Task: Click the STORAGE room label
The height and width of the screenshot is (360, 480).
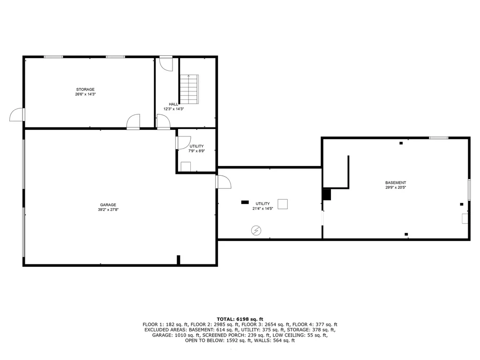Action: click(86, 89)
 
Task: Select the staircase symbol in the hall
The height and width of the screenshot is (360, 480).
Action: click(189, 89)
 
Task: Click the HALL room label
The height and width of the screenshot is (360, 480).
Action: click(173, 104)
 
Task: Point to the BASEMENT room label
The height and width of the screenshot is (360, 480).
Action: click(396, 182)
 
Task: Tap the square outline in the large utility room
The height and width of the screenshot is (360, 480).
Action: click(283, 204)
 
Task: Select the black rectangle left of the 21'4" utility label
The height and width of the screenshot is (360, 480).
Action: click(245, 202)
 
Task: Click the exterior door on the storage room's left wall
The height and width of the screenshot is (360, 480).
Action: click(16, 114)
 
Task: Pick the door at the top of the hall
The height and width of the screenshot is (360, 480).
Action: click(166, 63)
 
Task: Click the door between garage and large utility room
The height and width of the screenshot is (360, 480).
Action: click(223, 181)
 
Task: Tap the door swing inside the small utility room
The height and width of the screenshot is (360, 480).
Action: click(183, 142)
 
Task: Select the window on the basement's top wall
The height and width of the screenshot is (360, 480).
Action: click(438, 137)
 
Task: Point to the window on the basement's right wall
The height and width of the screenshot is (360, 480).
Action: click(468, 189)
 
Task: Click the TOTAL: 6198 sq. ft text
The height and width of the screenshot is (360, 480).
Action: click(240, 319)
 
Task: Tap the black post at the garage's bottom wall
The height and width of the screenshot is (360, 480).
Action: click(178, 260)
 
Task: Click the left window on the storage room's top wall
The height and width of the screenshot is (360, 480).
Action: click(53, 57)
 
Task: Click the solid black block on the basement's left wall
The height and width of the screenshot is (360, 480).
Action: click(327, 194)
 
